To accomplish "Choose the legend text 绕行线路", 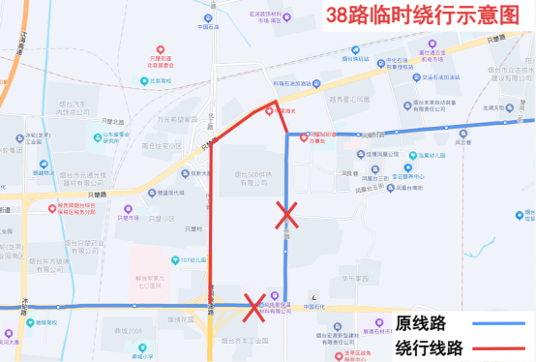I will [419, 347].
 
